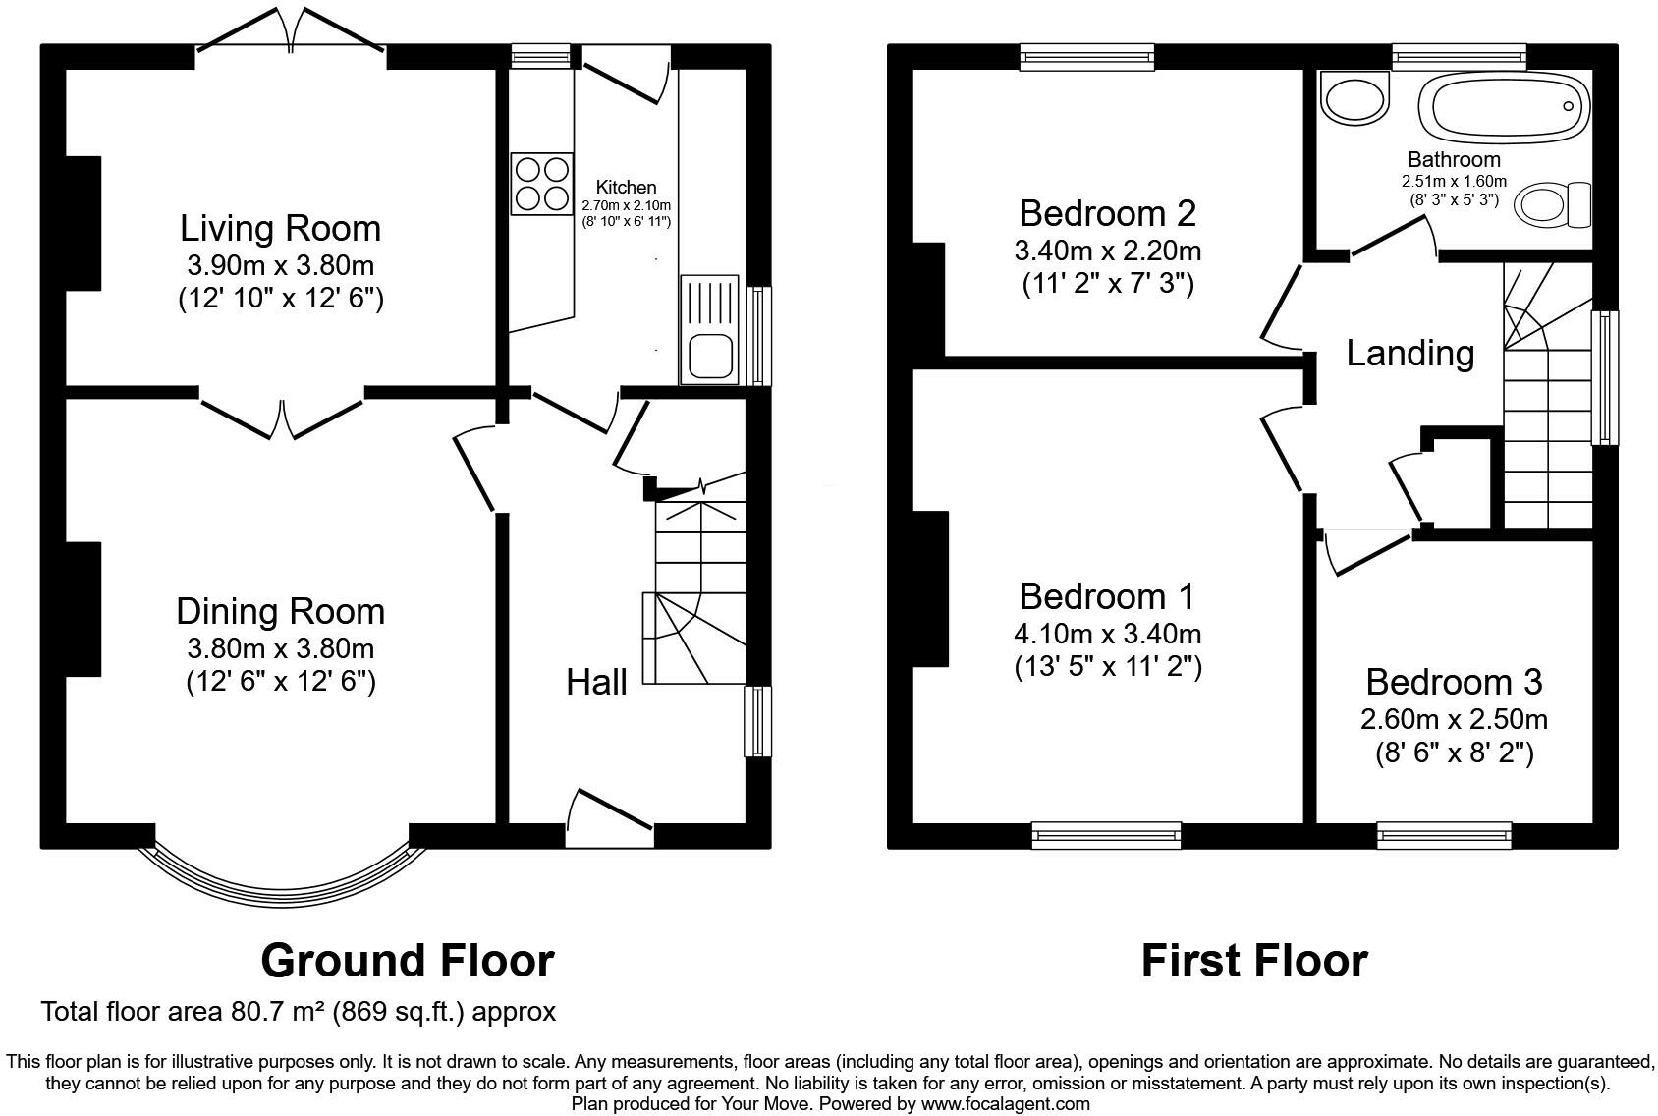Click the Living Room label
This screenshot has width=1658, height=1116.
[280, 229]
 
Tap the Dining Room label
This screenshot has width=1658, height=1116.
[280, 612]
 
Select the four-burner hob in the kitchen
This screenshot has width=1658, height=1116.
[541, 184]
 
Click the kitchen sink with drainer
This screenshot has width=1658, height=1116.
[709, 329]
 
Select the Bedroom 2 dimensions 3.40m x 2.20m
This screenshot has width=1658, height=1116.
[1107, 251]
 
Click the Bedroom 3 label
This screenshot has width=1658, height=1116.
[1453, 682]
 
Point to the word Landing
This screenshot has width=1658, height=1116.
[1409, 353]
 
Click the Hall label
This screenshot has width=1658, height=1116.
[596, 682]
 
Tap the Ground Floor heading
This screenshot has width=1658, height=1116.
[407, 960]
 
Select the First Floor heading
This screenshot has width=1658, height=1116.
[1253, 960]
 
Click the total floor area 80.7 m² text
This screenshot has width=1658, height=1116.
[298, 1012]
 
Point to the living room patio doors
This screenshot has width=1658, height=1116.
[290, 31]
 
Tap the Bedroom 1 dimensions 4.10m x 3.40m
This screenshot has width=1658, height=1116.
[1107, 635]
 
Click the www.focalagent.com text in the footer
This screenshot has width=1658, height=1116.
[1005, 1103]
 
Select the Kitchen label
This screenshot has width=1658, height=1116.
[626, 187]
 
